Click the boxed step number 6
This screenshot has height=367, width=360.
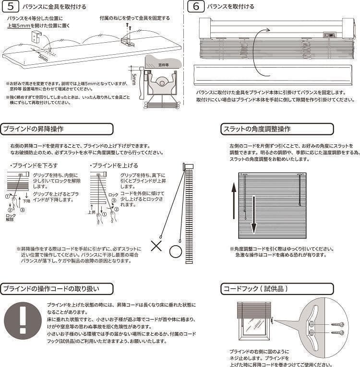(x=196, y=7)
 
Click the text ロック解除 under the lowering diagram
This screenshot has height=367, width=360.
(x=11, y=216)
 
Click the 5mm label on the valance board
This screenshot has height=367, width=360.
(x=44, y=57)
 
